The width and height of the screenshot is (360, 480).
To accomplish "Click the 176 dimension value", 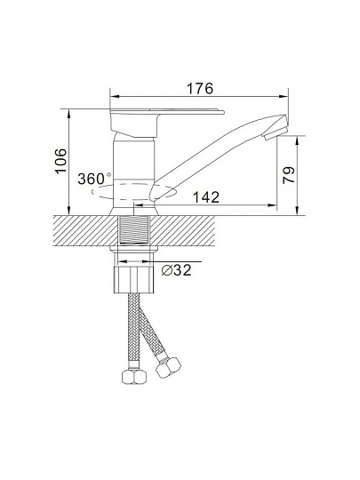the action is pos(200,88).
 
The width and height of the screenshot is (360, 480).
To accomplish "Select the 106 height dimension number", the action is pos(60,161).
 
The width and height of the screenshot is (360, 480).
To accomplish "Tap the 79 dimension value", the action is pos(289,175).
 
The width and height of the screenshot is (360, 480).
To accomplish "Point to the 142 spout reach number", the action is pos(206,197).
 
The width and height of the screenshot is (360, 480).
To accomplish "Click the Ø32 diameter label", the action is pos(176,270).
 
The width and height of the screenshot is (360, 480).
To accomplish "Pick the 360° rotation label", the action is pos(94,179).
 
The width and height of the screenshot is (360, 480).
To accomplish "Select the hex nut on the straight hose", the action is pos(134,376).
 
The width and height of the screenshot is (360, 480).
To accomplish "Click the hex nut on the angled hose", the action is pos(168,367).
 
